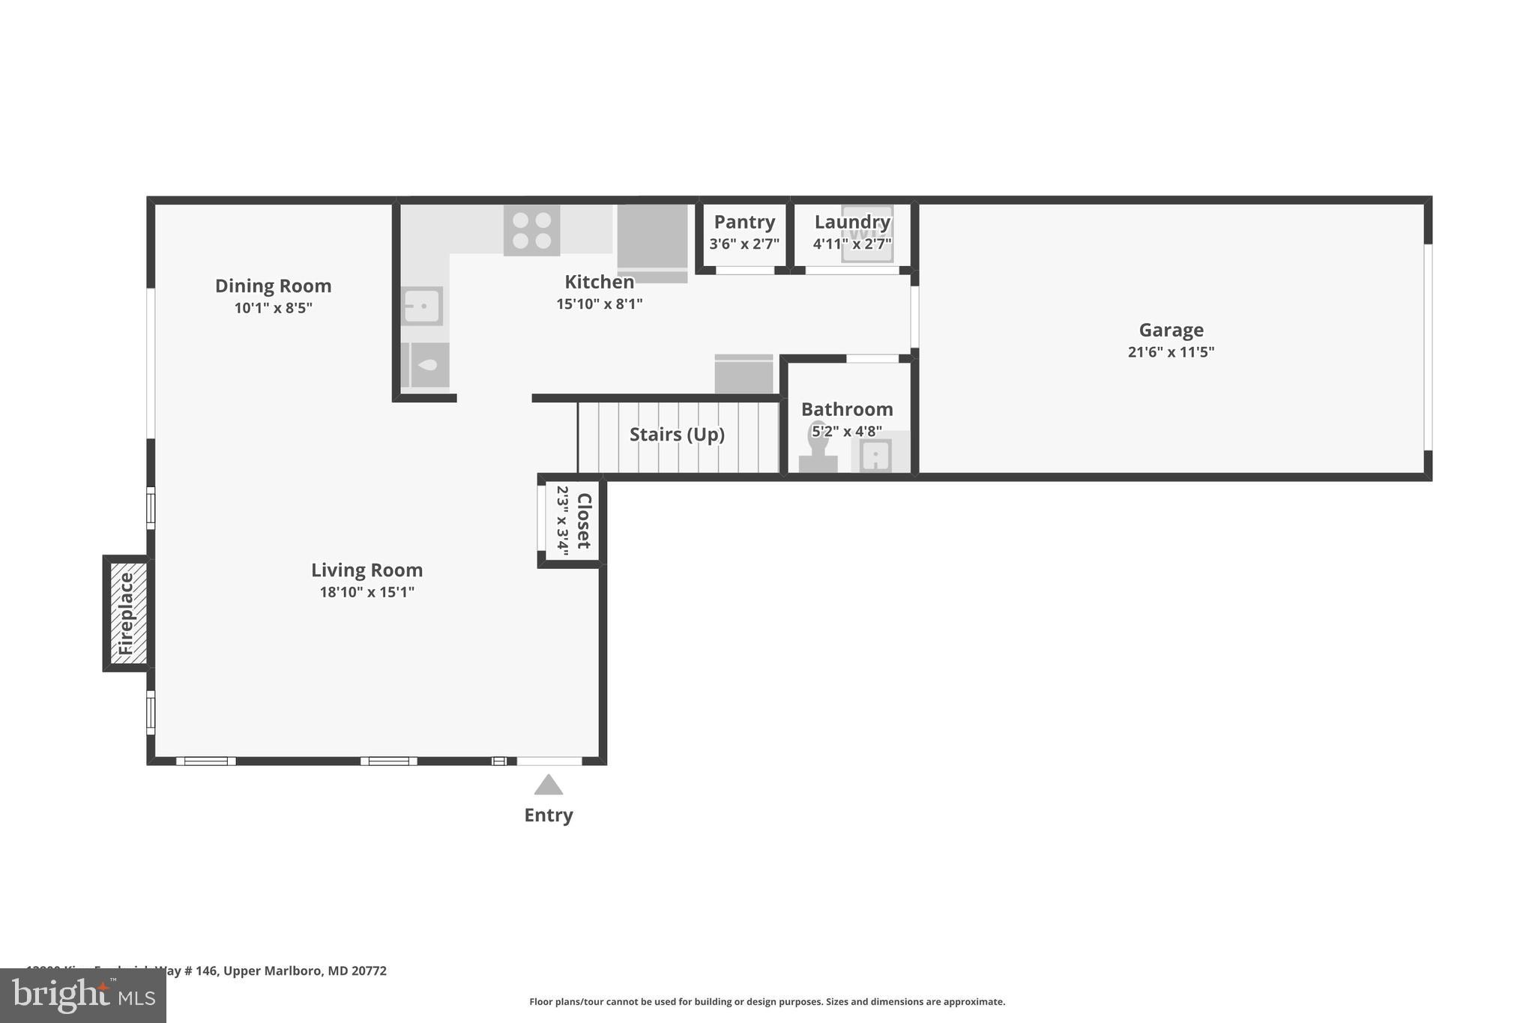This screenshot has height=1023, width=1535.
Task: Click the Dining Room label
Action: pyautogui.click(x=273, y=286)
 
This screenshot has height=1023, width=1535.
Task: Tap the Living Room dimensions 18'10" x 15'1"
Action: pyautogui.click(x=367, y=592)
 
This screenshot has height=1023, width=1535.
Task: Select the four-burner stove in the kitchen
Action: pyautogui.click(x=531, y=230)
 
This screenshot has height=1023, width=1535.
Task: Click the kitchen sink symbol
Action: pyautogui.click(x=422, y=306)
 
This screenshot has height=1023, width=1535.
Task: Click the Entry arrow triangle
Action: pyautogui.click(x=548, y=785)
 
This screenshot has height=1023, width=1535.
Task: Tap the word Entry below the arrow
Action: pyautogui.click(x=548, y=815)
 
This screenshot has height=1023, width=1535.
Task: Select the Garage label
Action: pyautogui.click(x=1171, y=330)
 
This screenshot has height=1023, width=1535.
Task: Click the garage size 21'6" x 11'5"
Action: pyautogui.click(x=1171, y=351)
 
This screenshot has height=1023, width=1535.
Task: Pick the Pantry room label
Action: pyautogui.click(x=744, y=222)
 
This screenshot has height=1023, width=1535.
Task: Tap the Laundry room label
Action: pyautogui.click(x=852, y=222)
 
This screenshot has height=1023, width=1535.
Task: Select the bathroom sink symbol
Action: pyautogui.click(x=875, y=455)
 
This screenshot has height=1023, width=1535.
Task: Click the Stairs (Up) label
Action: pyautogui.click(x=677, y=435)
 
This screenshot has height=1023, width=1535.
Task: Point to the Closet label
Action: pyautogui.click(x=584, y=521)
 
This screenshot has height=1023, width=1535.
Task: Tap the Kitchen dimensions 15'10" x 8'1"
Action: pyautogui.click(x=599, y=304)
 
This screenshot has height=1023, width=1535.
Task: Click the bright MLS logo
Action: pyautogui.click(x=83, y=995)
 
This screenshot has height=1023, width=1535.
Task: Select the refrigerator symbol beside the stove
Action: pyautogui.click(x=652, y=240)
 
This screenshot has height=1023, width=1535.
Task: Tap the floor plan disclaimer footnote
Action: pyautogui.click(x=767, y=1001)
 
